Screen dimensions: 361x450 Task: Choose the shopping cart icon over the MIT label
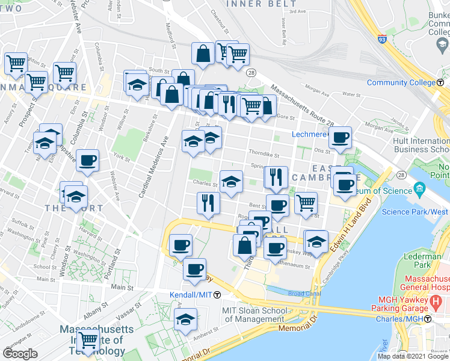(x=88, y=340)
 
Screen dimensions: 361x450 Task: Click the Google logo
(x=20, y=354)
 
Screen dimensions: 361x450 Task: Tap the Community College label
(x=401, y=82)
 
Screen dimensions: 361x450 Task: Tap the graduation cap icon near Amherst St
(x=186, y=319)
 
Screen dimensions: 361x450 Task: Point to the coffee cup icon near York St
(x=88, y=161)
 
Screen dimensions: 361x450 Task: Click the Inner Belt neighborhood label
(x=253, y=4)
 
